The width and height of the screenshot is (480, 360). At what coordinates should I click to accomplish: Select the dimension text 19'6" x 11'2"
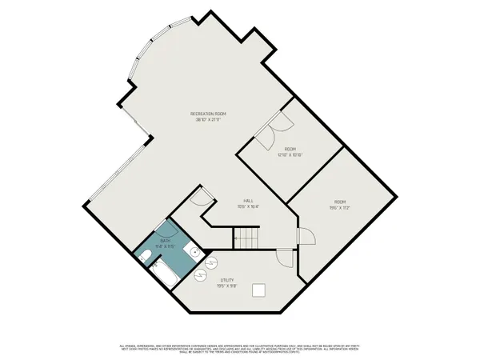(x=341, y=206)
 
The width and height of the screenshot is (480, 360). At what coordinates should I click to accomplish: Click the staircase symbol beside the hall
(x=245, y=237)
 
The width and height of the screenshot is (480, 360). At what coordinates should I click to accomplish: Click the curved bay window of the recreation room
(x=140, y=60)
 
